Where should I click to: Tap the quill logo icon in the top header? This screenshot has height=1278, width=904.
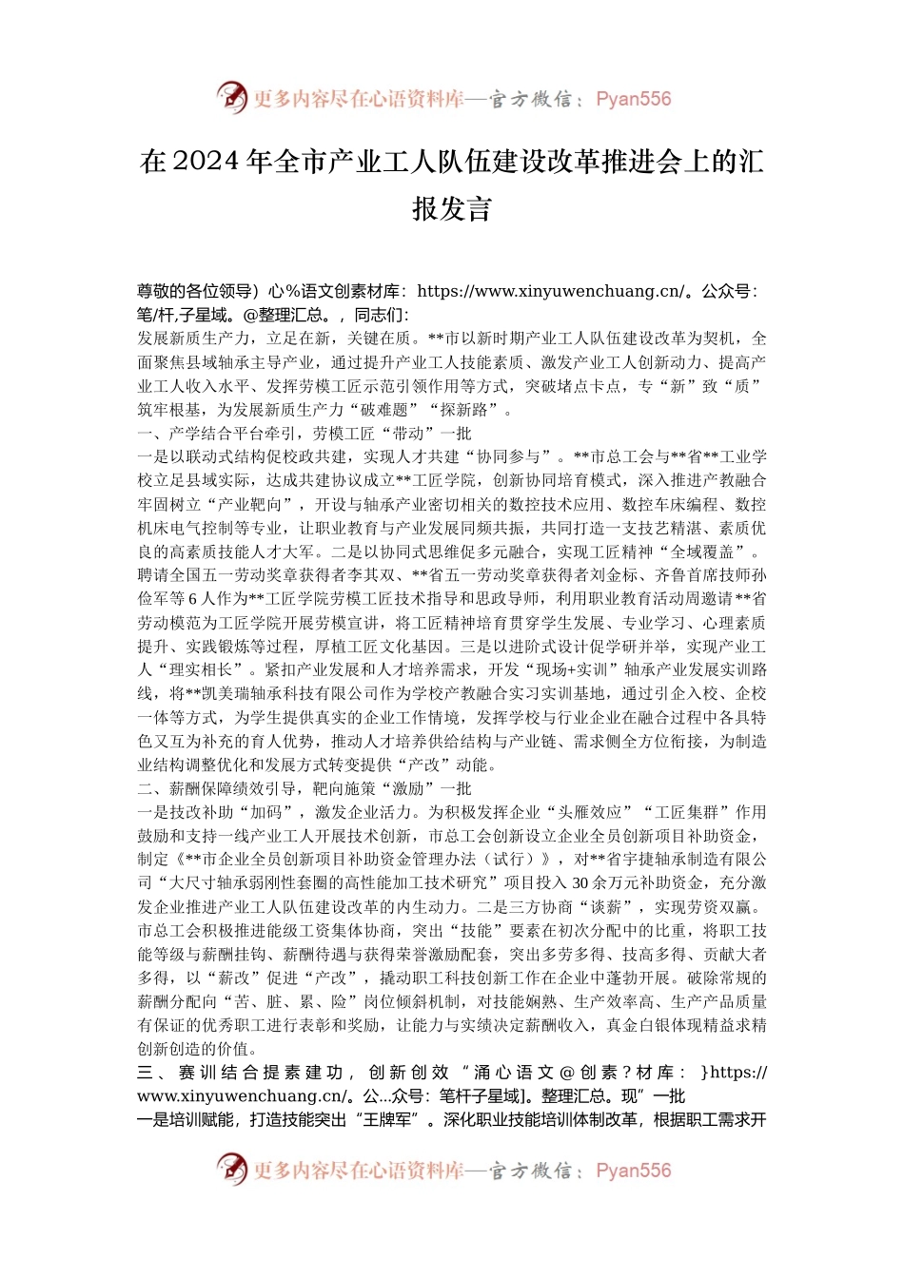tap(231, 97)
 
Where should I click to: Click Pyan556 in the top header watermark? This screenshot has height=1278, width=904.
tap(633, 99)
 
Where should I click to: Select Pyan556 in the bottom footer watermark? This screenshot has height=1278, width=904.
tap(633, 1171)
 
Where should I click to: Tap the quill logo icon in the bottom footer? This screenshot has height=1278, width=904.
tap(231, 1169)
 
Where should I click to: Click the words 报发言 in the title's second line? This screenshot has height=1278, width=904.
tap(452, 209)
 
